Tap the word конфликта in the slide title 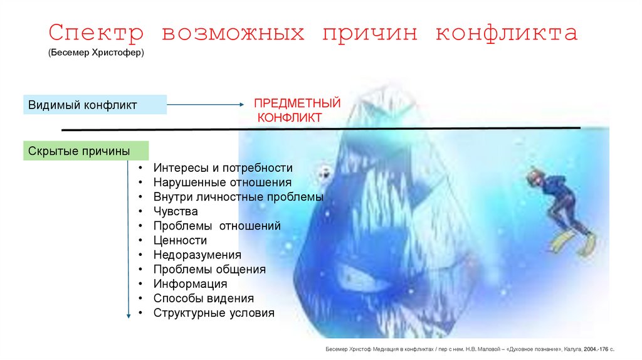(x=507, y=33)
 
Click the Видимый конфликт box (x=95, y=105)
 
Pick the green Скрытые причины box (x=86, y=151)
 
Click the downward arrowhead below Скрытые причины (x=129, y=317)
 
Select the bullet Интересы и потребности (x=223, y=168)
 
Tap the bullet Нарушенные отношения (x=222, y=183)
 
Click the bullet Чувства (x=175, y=211)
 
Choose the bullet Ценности (x=180, y=240)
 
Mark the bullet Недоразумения (x=197, y=255)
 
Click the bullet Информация (x=190, y=283)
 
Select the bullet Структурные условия (x=214, y=312)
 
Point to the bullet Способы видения (x=203, y=298)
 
